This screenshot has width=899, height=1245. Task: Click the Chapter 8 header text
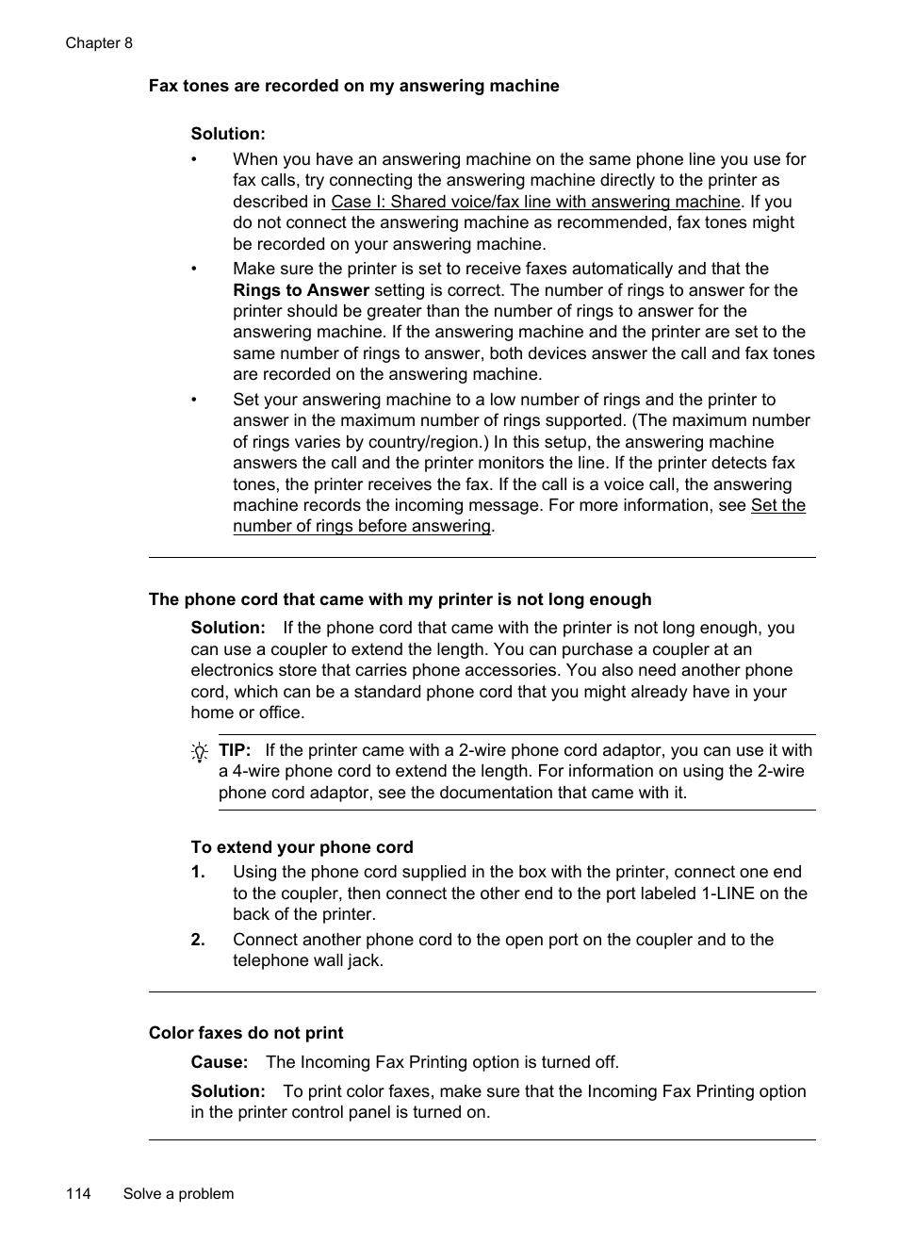pos(99,43)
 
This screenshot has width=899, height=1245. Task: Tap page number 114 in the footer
pos(78,1193)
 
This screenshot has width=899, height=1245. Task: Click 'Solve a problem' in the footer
pos(178,1193)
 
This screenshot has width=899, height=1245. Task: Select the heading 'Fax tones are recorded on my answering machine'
pos(353,86)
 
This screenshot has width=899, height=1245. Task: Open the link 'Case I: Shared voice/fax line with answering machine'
pos(535,202)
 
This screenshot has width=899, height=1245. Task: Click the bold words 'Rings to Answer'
pos(301,290)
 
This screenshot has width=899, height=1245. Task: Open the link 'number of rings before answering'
pos(362,526)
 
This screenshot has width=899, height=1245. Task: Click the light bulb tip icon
pos(200,752)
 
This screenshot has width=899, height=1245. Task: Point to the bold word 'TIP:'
pos(235,750)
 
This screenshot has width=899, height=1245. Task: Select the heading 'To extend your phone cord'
pos(302,847)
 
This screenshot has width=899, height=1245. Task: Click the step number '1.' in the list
pos(198,872)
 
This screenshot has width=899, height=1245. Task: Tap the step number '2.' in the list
pos(198,940)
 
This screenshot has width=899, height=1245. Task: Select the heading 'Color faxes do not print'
pos(246,1033)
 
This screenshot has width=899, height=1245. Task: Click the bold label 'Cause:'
pos(220,1062)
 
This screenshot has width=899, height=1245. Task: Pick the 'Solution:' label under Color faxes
pos(228,1091)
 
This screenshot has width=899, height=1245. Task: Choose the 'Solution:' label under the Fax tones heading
pos(228,134)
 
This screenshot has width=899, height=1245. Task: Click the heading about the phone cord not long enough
pos(400,599)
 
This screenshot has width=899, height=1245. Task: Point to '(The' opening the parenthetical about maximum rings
pos(649,420)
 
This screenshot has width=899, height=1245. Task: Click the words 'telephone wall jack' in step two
pos(306,960)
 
